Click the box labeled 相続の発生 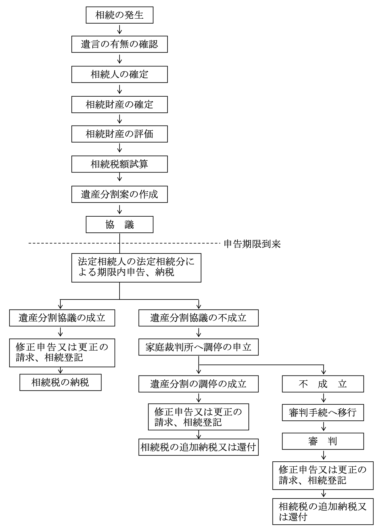coord(119,15)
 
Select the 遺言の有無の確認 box coord(119,44)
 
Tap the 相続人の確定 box coord(119,75)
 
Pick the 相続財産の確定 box coord(119,105)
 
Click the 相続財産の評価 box coord(119,134)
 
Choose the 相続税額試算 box coord(119,164)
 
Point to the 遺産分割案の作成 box coord(119,195)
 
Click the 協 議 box coord(119,225)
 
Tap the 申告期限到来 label coord(252,244)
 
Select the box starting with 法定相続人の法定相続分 coord(136,268)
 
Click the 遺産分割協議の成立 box coord(62,318)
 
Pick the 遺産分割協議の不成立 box coord(198,318)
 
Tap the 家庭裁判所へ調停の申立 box coord(198,347)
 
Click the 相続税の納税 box coord(60,383)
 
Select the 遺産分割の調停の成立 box coord(198,384)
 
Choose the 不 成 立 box coord(323,384)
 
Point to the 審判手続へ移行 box coord(323,413)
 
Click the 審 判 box coord(323,441)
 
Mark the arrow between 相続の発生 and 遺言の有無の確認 coord(120,29)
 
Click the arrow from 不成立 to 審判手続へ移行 coord(323,398)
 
